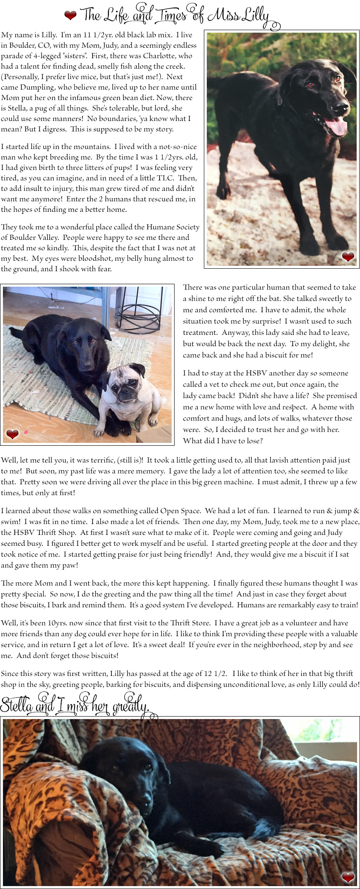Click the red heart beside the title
[x=70, y=15]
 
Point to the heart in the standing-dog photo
[x=348, y=257]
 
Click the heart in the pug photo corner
[x=13, y=434]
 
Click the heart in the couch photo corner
[x=348, y=877]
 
